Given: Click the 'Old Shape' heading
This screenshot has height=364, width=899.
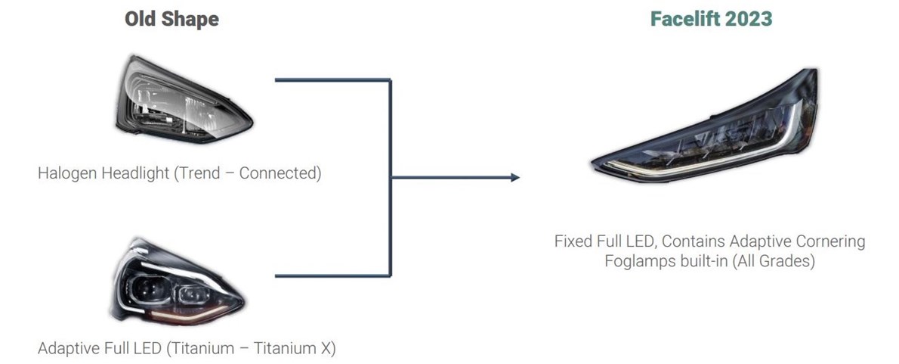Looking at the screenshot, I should pos(171,19).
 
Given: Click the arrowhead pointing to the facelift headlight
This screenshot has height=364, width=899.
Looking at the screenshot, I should pos(515,177).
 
